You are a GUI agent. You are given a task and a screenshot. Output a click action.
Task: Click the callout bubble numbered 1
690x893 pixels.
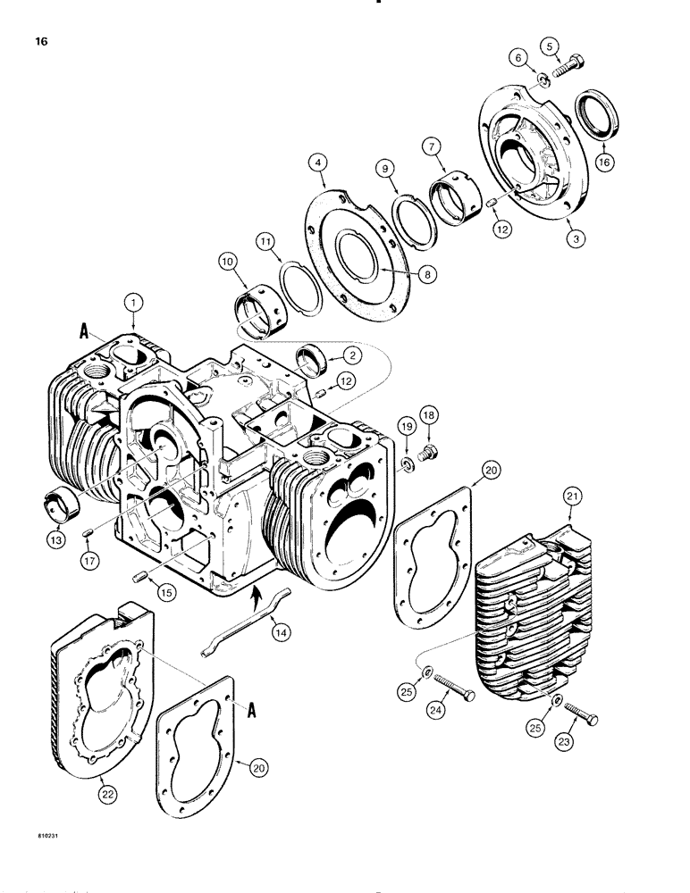tap(133, 305)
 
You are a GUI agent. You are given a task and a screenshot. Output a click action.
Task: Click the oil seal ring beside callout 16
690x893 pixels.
tap(593, 111)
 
